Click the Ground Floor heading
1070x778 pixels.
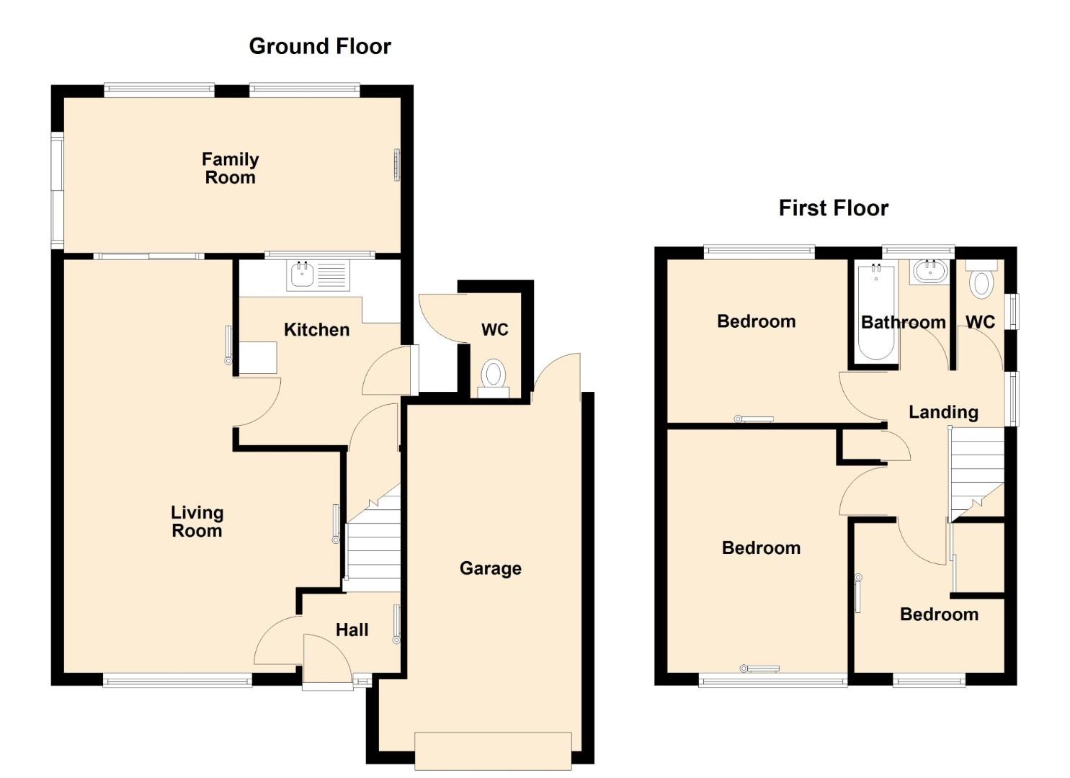(320, 46)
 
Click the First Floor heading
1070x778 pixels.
(834, 208)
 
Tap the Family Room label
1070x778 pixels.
(231, 168)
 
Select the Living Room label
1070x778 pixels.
(197, 522)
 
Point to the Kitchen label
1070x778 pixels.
(317, 329)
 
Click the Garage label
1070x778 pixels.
(491, 568)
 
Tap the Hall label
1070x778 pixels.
(352, 630)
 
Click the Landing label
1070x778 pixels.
(943, 412)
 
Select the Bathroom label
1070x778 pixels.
(904, 323)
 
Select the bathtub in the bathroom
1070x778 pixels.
(876, 313)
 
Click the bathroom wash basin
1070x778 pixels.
(929, 272)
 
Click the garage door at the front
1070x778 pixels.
(493, 751)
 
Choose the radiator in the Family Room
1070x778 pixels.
(396, 165)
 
